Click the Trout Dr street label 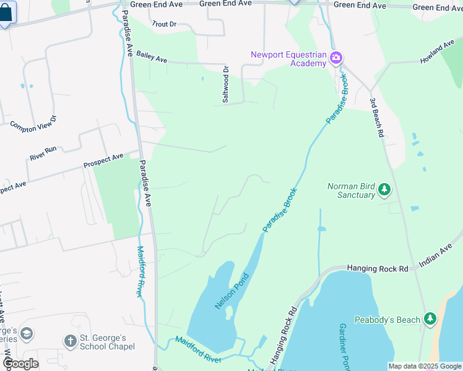click(164, 24)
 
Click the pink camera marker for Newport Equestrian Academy click(336, 59)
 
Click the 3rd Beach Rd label click(377, 117)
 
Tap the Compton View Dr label click(33, 121)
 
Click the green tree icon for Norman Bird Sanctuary click(384, 189)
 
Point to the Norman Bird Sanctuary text click(351, 190)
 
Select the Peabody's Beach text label click(387, 320)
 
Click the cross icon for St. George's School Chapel click(70, 341)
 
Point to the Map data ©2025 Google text click(424, 366)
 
